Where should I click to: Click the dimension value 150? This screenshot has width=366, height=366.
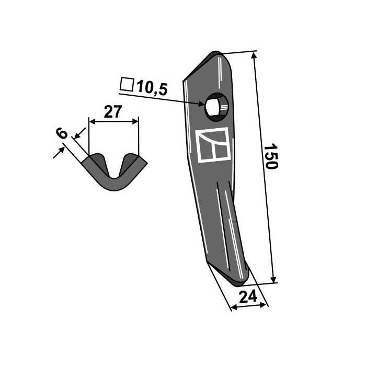(x=269, y=156)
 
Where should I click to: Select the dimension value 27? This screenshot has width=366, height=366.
(x=113, y=111)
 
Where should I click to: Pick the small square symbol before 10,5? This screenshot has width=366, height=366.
(x=126, y=84)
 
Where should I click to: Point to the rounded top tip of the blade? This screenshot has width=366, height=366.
(x=217, y=54)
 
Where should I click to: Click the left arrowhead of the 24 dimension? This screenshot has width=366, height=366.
(x=233, y=307)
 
